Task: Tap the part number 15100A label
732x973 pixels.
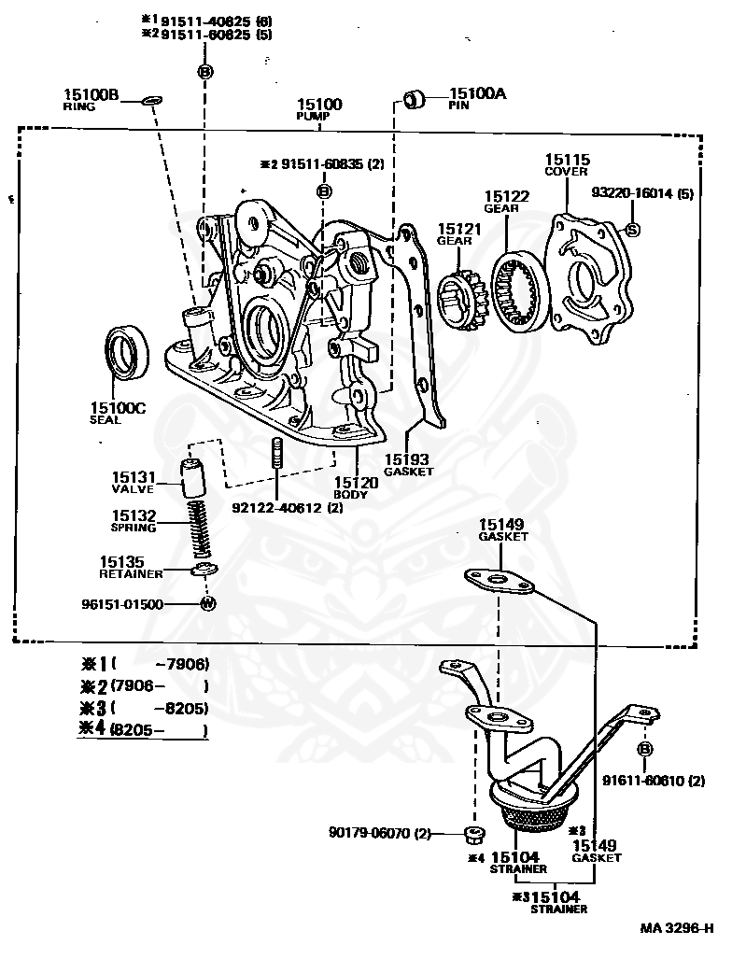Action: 478,93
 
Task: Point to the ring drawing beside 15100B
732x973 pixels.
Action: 151,99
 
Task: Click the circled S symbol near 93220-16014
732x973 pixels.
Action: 631,229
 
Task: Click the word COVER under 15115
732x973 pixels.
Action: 567,172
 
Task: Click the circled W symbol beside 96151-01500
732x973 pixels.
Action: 208,603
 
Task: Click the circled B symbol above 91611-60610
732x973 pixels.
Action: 645,750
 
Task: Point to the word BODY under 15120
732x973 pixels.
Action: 350,494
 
